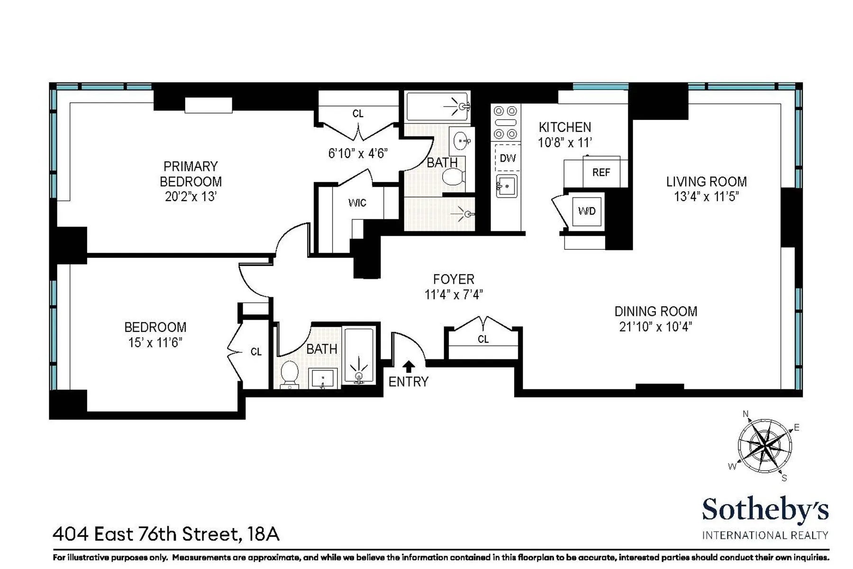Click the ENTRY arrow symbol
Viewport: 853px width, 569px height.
[x=408, y=366]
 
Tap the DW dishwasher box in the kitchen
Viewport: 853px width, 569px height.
[x=508, y=158]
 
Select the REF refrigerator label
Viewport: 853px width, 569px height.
[x=601, y=173]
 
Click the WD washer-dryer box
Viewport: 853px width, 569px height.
[x=587, y=211]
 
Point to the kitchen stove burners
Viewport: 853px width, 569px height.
[x=505, y=123]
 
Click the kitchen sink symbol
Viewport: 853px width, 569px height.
[x=507, y=186]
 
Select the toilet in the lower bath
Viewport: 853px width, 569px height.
[x=290, y=373]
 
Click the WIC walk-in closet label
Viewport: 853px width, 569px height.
[x=357, y=203]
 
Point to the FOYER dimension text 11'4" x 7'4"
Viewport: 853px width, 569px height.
[x=454, y=294]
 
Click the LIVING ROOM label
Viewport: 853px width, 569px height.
[x=706, y=182]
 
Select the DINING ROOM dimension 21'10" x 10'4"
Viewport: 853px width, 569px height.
[x=655, y=327]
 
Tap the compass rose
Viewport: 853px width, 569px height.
[x=764, y=446]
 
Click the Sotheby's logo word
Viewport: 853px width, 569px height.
[x=765, y=510]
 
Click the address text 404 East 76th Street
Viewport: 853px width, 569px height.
[x=147, y=534]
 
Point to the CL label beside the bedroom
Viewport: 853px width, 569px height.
[x=256, y=352]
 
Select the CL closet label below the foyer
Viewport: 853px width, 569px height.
[x=483, y=339]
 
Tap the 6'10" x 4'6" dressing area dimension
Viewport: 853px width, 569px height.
[x=358, y=153]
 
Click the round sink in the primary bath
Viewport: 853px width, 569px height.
[x=462, y=141]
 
